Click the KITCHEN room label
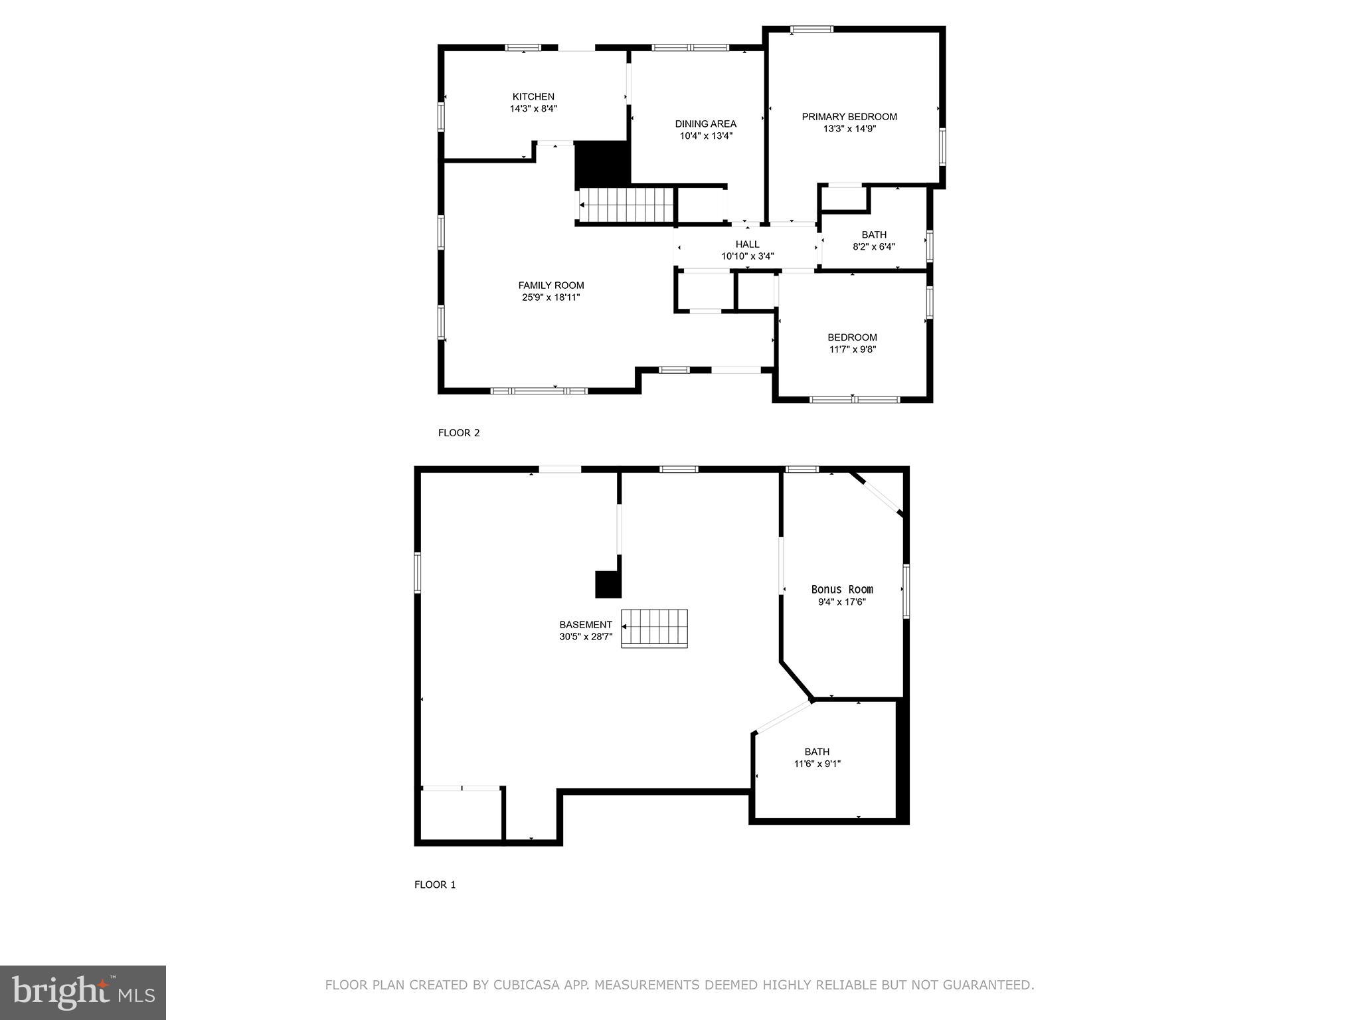[x=533, y=97]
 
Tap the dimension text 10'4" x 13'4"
[x=705, y=136]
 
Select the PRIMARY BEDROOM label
[x=849, y=117]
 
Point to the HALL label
[x=747, y=244]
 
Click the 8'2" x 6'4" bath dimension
[x=873, y=246]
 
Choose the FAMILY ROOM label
[x=551, y=286]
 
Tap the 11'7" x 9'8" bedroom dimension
[x=852, y=349]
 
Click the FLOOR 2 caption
[x=458, y=433]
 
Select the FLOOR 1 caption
[x=435, y=885]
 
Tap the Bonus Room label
[x=842, y=590]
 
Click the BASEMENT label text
[x=585, y=625]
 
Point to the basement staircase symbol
[x=655, y=628]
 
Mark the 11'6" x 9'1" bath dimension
[x=817, y=764]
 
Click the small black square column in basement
[x=607, y=584]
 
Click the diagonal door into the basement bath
[x=784, y=717]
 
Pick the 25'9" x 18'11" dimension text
[x=551, y=297]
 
